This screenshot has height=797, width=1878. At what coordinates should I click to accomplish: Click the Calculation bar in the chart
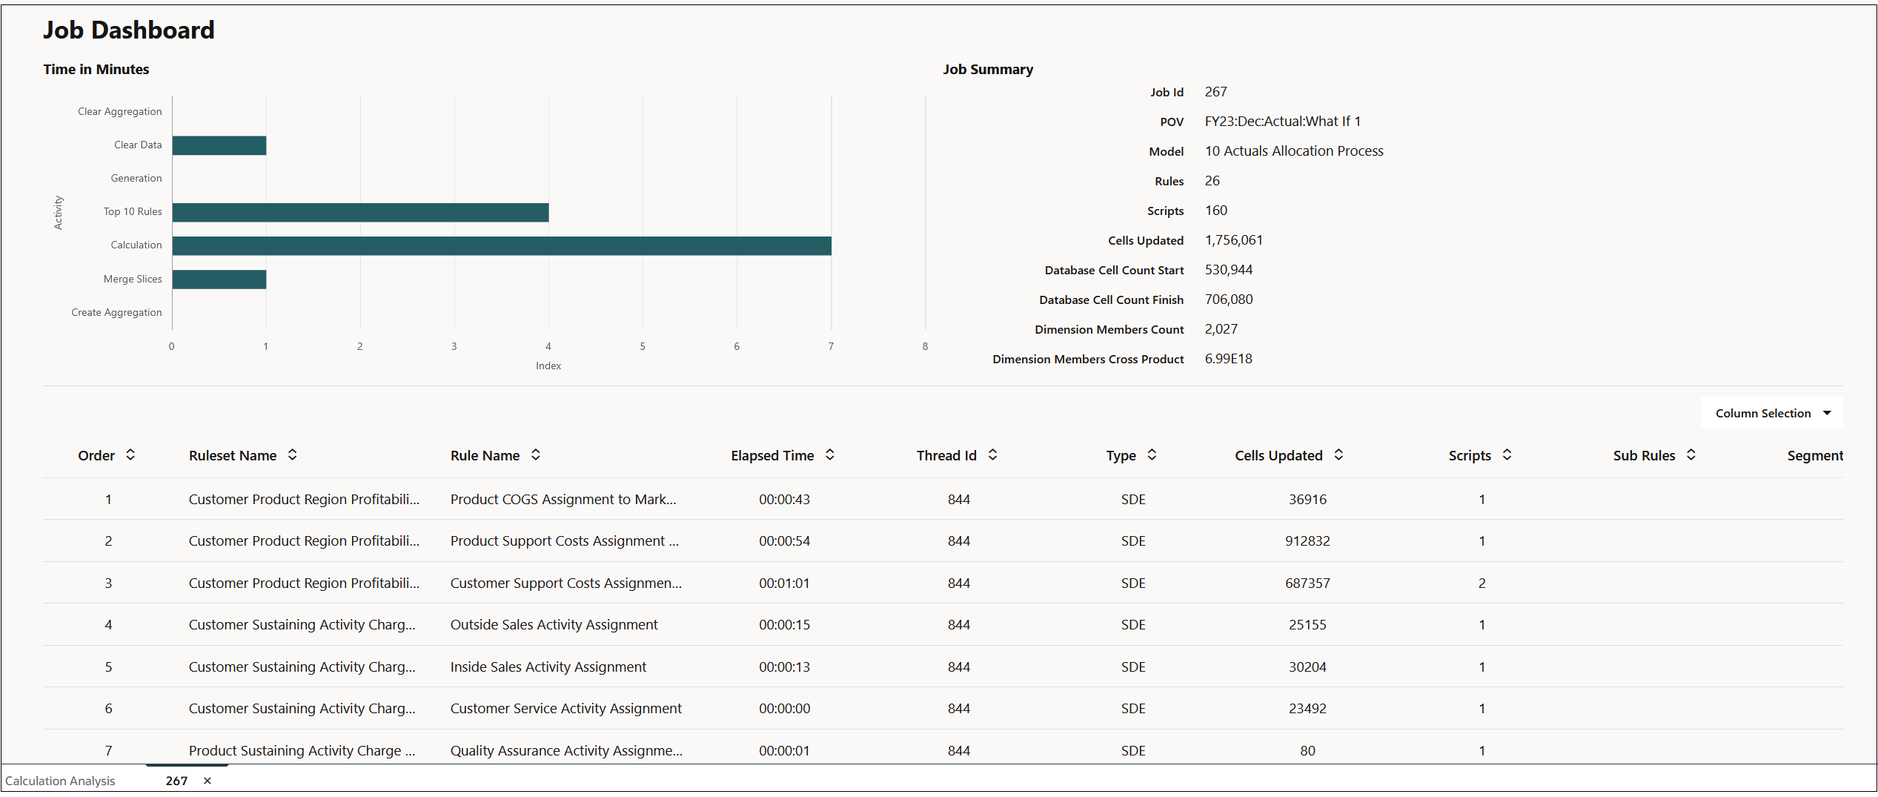coord(501,245)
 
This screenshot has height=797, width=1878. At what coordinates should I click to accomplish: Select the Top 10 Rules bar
coord(360,212)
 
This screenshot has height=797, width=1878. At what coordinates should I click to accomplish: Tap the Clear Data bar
coord(219,145)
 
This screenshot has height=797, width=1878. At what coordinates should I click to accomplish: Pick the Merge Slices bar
coord(219,280)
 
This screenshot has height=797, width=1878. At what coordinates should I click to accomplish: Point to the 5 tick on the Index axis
coord(643,346)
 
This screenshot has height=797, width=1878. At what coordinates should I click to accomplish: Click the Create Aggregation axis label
coord(116,312)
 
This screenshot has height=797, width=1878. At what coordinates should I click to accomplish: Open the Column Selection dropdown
coord(1771,413)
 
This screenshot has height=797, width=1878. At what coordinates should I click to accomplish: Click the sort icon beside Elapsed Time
coord(830,454)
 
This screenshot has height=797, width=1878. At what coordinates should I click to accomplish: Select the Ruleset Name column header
coord(233,455)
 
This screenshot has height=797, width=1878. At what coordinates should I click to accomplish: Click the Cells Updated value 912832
coord(1307,541)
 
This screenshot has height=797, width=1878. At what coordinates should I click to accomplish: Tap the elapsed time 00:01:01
coord(784,583)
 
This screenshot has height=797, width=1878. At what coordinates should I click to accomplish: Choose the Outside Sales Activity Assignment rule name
coord(554,625)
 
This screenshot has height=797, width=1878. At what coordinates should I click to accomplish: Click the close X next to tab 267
coord(208,781)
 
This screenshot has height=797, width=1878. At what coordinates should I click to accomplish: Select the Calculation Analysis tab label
coord(60,781)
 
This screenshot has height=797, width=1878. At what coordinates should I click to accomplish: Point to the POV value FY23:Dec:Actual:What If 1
coord(1282,122)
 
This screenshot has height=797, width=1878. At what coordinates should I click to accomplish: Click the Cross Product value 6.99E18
coord(1228,359)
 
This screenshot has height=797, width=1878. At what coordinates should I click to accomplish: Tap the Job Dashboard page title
coord(128,30)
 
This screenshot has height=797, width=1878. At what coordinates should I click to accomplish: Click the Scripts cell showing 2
coord(1482,583)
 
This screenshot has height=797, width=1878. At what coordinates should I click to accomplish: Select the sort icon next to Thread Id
coord(992,454)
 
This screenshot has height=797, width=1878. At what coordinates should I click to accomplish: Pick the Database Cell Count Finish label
coord(1110,300)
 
